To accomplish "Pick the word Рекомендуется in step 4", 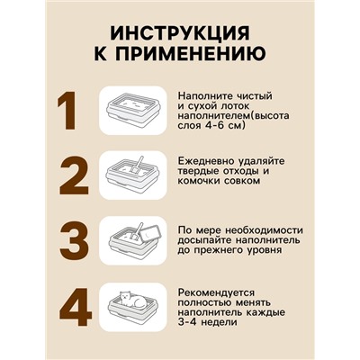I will coord(216,292).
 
